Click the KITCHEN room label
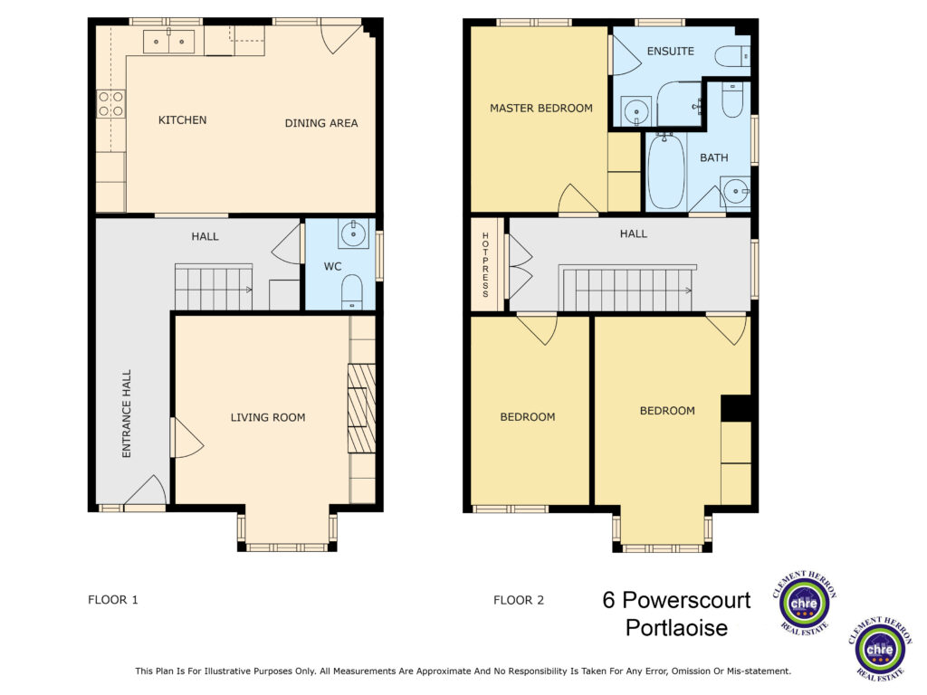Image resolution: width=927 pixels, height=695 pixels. (182, 120)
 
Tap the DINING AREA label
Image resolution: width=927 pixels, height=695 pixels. (321, 123)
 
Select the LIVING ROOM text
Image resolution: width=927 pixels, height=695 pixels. (268, 417)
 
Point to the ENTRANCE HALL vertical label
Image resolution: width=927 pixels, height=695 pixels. (126, 414)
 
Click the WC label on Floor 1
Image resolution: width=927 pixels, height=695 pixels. (332, 267)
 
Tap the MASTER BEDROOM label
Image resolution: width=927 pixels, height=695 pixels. (541, 109)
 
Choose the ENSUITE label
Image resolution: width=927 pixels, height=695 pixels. (671, 52)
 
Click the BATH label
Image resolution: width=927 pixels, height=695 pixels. (713, 157)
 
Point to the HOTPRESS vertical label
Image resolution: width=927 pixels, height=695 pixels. (485, 265)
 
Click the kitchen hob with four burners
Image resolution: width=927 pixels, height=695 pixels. (110, 104)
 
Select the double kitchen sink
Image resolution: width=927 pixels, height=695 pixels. (169, 42)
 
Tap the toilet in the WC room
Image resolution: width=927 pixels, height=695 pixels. (352, 291)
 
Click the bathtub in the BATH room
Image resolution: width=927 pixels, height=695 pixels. (666, 171)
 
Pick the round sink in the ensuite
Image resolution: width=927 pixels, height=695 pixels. (636, 110)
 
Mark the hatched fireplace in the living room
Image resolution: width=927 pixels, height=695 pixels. (361, 408)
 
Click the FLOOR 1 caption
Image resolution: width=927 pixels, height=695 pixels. (113, 600)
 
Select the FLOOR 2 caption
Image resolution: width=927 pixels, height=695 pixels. (519, 601)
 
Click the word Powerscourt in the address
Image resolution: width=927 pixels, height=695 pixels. (686, 600)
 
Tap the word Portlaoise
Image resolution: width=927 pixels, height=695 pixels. (676, 628)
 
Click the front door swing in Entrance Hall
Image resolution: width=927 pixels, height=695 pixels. (146, 490)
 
